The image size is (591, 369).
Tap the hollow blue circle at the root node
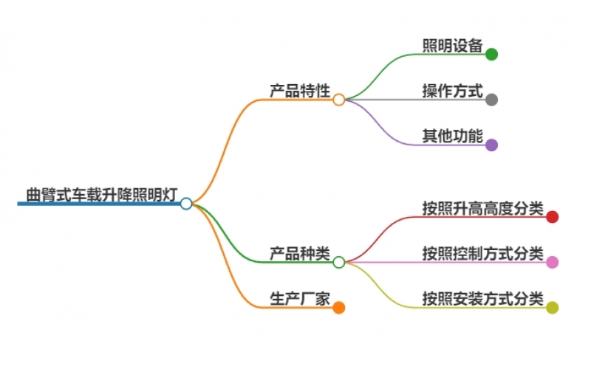(186, 204)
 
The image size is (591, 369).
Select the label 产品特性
(299, 91)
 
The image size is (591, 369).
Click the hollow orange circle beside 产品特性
(338, 100)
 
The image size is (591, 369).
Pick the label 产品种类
(299, 253)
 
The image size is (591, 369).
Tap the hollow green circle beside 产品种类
(338, 262)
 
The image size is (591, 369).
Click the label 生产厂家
(299, 299)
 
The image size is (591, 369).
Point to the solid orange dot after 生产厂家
(338, 308)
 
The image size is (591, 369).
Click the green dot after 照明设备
(491, 54)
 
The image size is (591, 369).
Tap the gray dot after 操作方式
(491, 100)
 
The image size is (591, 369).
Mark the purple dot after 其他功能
(491, 145)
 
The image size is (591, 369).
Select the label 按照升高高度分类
(482, 208)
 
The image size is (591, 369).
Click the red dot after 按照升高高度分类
(552, 217)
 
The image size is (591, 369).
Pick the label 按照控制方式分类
(482, 253)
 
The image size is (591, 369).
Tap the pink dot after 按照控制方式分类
(552, 262)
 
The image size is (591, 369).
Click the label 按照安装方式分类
(482, 299)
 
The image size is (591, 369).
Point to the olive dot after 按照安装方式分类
(552, 308)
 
